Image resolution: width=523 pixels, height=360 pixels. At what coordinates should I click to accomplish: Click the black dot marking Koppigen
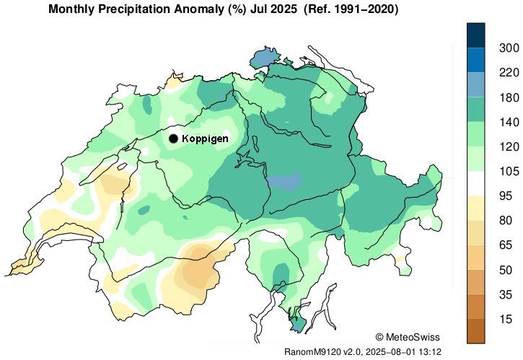click(173, 139)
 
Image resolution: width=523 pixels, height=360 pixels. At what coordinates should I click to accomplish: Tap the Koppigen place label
click(205, 139)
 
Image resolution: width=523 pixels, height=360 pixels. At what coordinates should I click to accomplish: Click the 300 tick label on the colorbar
click(509, 48)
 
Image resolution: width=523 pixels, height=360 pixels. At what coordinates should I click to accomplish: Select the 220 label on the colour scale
click(509, 72)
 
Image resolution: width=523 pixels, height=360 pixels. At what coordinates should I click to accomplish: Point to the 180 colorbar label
click(509, 97)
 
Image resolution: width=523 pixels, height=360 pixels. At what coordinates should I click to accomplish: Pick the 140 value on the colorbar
click(509, 122)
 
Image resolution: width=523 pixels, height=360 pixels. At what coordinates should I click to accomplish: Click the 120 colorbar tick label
click(509, 146)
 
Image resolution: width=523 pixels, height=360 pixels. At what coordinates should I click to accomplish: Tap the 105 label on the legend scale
click(509, 171)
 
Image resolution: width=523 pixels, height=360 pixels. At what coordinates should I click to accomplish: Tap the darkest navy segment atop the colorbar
click(475, 35)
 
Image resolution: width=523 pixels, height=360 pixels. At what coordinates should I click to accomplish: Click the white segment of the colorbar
click(475, 183)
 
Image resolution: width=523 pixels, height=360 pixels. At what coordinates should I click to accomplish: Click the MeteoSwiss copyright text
click(408, 337)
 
